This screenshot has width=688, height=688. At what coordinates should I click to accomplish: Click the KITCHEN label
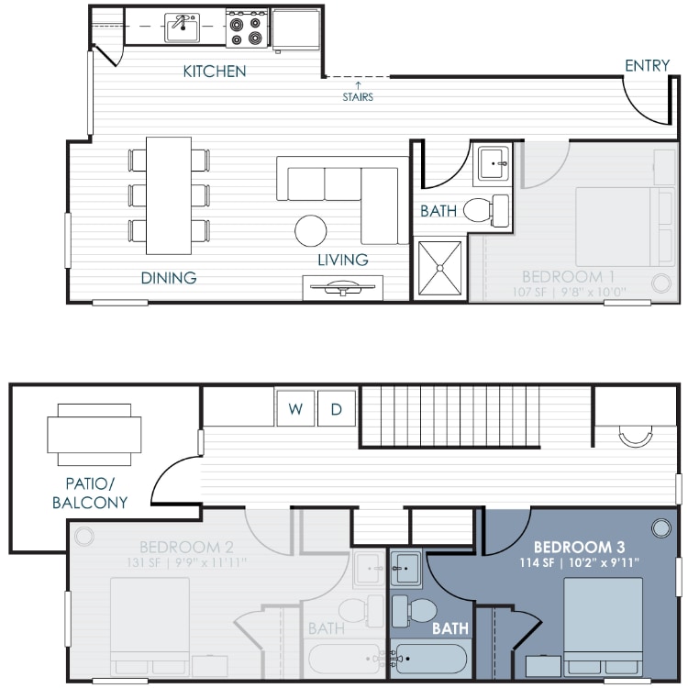pos(215,71)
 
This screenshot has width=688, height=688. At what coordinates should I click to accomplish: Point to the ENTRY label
pos(647,65)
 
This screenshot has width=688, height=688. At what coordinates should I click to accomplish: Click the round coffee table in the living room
pos(310,230)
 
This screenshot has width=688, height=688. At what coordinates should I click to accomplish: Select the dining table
pos(169,195)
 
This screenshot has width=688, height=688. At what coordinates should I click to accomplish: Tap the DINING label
pos(169,277)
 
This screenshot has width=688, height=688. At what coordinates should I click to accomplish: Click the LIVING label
pos(343,260)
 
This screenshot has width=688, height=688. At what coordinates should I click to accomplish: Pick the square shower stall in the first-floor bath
pos(441,267)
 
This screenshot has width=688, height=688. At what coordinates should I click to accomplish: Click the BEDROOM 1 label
pos(568,276)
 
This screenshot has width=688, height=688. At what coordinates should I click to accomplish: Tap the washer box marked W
pos(295,409)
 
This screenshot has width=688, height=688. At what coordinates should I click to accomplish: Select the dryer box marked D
pos(337,409)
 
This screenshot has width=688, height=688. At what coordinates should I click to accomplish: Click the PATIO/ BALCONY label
pos(90,493)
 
